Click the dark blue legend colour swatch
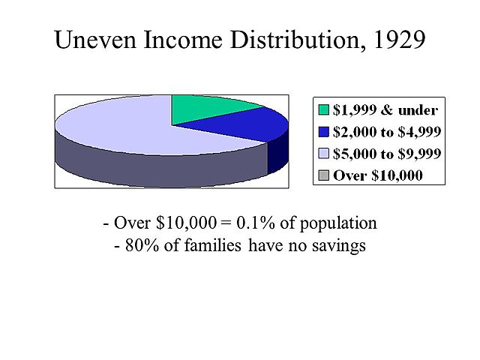click(x=322, y=132)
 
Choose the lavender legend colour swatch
click(x=322, y=154)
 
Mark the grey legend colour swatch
click(x=322, y=175)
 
